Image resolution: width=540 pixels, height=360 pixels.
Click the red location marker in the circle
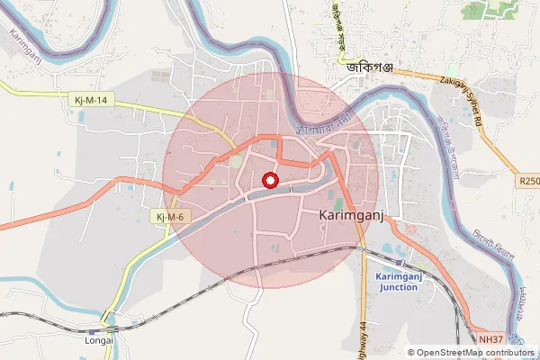(269, 181)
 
